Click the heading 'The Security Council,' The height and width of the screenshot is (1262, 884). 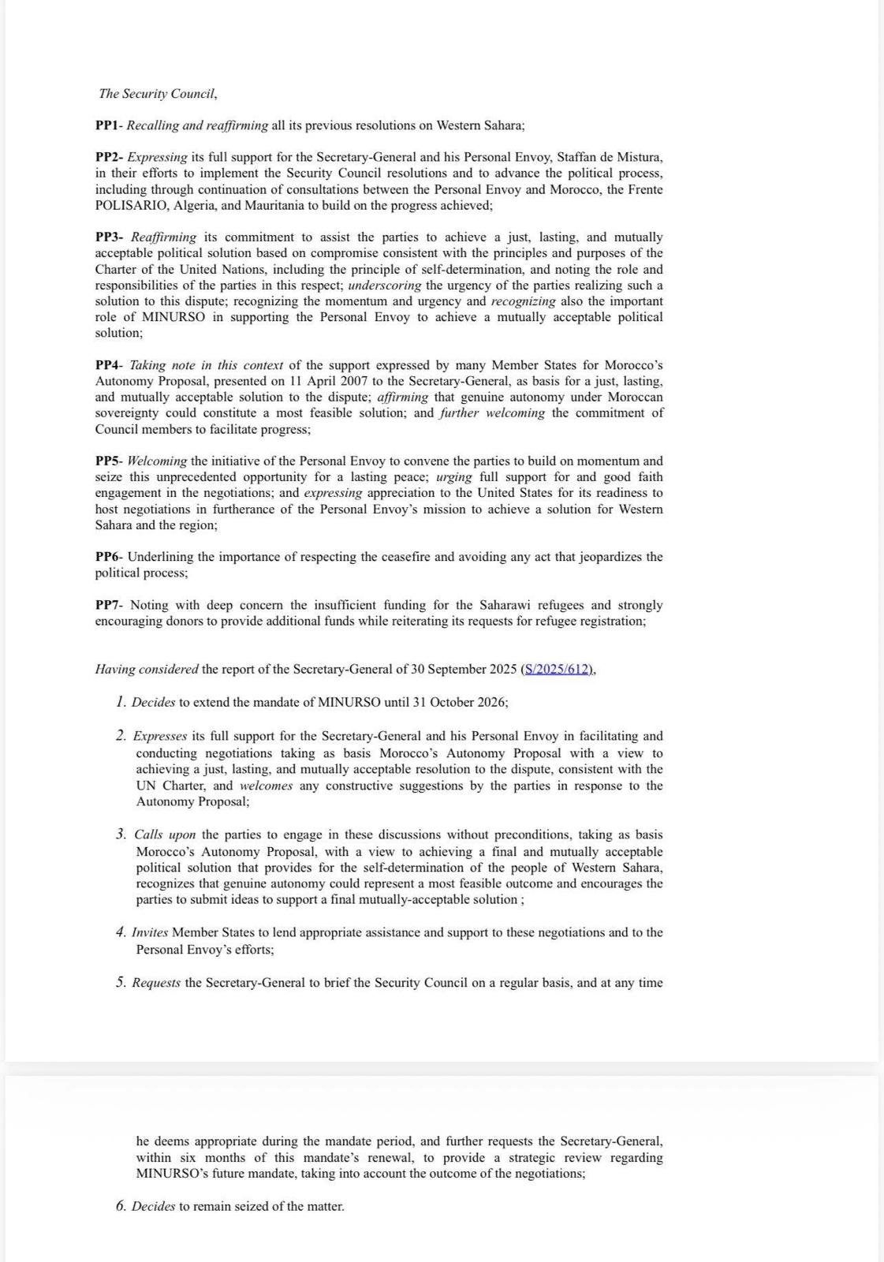point(158,94)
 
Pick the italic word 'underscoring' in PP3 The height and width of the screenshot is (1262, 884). point(384,285)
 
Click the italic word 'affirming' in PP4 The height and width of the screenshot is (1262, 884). point(403,397)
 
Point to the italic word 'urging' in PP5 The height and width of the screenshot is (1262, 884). point(453,476)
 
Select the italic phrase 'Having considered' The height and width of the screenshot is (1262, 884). point(147,669)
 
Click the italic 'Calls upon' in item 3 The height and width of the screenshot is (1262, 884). point(165,834)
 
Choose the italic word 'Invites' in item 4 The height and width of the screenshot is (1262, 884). point(150,932)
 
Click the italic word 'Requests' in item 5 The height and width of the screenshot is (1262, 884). point(156,983)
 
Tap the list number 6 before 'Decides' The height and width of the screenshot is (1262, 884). point(121,1206)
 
